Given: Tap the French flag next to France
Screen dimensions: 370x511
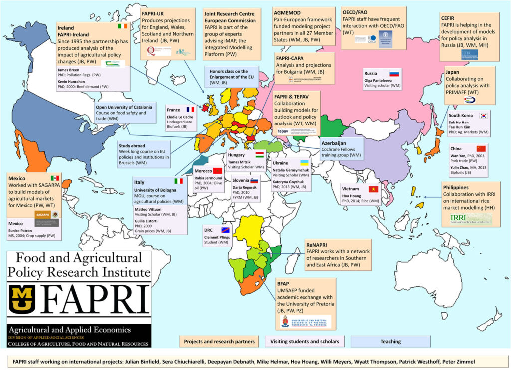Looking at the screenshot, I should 190,109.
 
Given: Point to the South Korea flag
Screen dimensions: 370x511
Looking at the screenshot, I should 483,115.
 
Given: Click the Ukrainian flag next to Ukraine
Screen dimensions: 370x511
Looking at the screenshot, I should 303,163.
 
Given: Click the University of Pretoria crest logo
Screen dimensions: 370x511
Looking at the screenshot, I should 285,322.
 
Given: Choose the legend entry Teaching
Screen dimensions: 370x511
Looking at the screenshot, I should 390,341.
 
